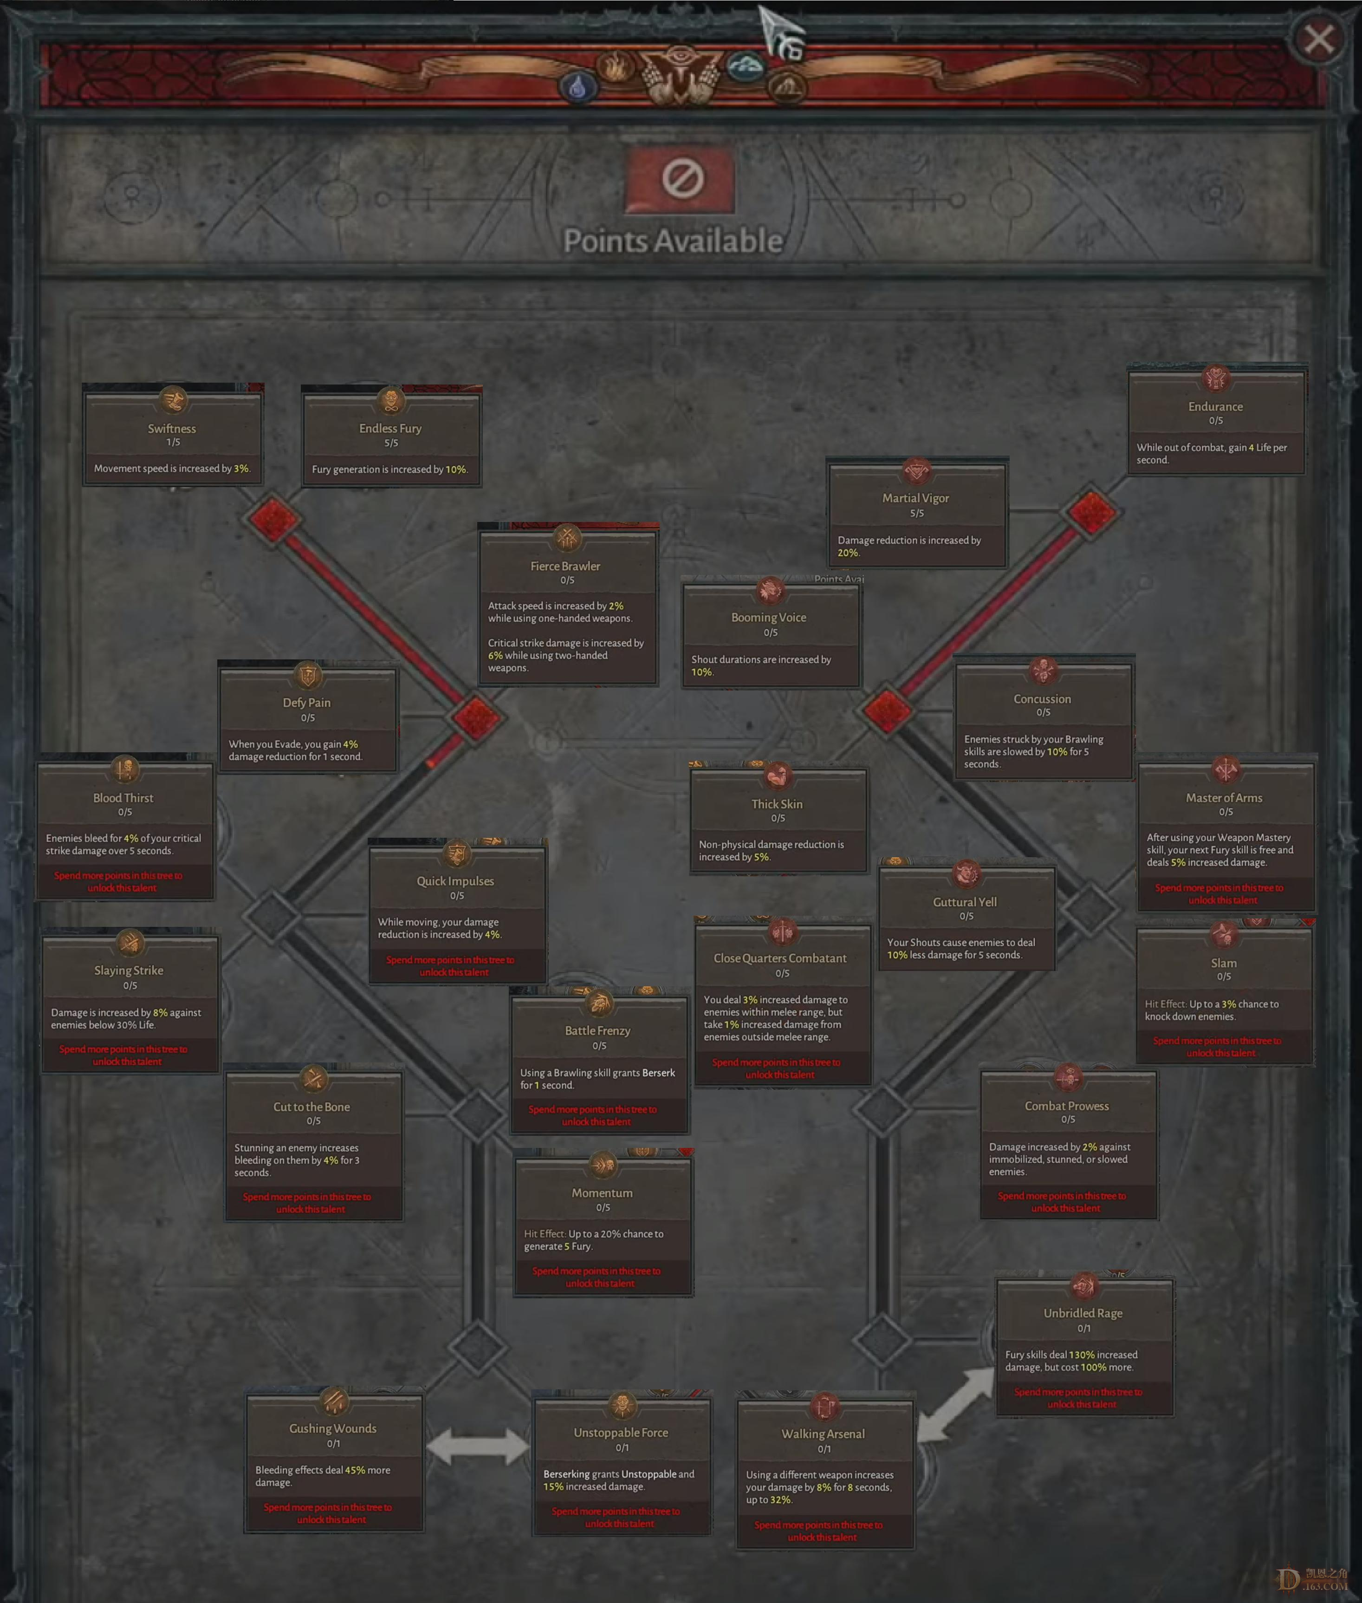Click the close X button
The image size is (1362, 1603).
(x=1318, y=39)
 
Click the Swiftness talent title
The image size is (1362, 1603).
(x=171, y=429)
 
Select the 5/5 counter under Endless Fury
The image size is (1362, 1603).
(x=391, y=443)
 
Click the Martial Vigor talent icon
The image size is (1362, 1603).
(x=916, y=470)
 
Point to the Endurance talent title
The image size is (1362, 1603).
(x=1215, y=406)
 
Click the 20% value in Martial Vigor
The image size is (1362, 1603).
(x=848, y=553)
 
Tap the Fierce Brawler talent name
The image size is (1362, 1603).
(x=565, y=566)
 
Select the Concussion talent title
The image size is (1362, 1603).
(x=1042, y=699)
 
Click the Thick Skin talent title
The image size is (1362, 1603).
(x=777, y=804)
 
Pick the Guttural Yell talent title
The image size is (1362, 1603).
(x=964, y=902)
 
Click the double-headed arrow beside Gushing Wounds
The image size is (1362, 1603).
(x=478, y=1446)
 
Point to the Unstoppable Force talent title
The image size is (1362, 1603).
(x=621, y=1433)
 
